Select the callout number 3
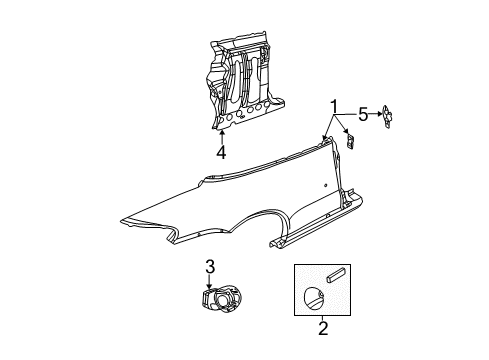[210, 266]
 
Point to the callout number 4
[221, 153]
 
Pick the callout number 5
[363, 114]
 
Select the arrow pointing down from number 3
[210, 283]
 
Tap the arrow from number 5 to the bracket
[378, 114]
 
